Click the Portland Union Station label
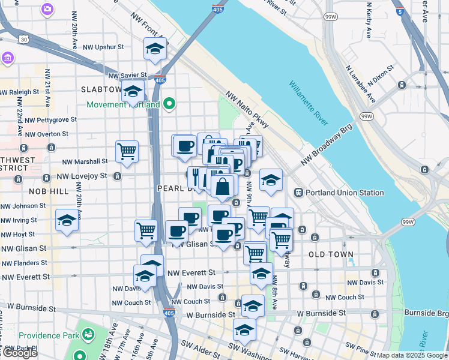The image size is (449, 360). pyautogui.click(x=345, y=193)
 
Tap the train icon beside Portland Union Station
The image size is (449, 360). pyautogui.click(x=298, y=193)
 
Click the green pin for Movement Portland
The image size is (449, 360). pyautogui.click(x=169, y=104)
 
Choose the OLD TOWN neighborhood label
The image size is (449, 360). pyautogui.click(x=331, y=255)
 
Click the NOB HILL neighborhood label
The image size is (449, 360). pyautogui.click(x=49, y=191)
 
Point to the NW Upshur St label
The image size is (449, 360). pyautogui.click(x=103, y=46)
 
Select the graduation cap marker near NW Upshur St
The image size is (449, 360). pyautogui.click(x=155, y=50)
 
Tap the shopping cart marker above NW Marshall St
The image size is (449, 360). pyautogui.click(x=127, y=152)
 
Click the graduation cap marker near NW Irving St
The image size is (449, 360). pyautogui.click(x=67, y=220)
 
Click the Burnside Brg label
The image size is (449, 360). pyautogui.click(x=426, y=313)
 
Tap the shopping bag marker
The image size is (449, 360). pyautogui.click(x=222, y=187)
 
